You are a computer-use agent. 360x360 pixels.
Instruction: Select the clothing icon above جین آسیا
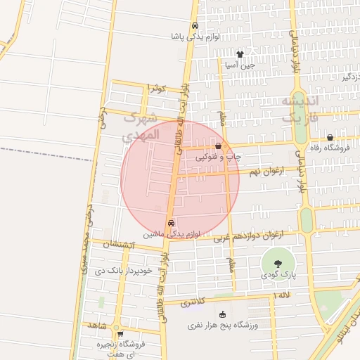[240, 53]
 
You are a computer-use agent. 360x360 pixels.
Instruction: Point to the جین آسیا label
[240, 65]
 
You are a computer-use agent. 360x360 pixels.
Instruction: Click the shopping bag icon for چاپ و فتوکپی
[219, 146]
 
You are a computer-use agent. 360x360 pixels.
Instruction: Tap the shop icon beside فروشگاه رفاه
[330, 137]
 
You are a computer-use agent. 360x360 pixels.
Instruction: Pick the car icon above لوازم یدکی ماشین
[171, 223]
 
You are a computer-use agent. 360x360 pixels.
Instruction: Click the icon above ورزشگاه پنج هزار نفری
[224, 315]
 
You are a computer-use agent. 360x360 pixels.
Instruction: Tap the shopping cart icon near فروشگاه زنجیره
[120, 333]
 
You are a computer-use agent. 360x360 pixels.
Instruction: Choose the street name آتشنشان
[115, 244]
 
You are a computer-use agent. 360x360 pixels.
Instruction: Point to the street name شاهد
[96, 326]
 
